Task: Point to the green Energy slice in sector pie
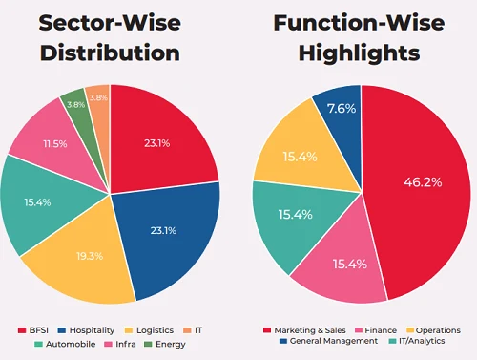click(75, 102)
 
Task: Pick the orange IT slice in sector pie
click(98, 98)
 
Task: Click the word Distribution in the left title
click(111, 53)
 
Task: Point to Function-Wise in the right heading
click(362, 21)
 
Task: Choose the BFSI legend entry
click(34, 329)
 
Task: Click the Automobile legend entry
click(55, 345)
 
